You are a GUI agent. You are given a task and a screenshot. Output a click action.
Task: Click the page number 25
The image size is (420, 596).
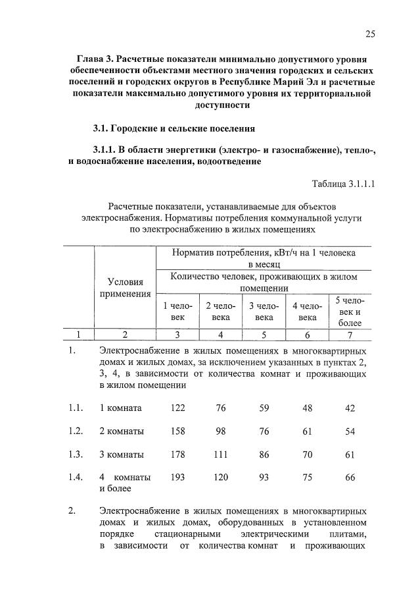[x=370, y=34]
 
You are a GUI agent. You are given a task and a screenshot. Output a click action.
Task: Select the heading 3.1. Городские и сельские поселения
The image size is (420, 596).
[x=173, y=127]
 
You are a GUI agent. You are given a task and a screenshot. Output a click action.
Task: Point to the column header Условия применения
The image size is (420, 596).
[x=125, y=288]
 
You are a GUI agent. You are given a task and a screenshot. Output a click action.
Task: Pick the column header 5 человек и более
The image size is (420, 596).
[x=350, y=312]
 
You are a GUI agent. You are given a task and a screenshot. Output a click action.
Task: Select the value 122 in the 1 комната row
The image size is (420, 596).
[x=177, y=408]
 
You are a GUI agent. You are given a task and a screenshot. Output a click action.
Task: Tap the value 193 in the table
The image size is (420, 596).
[x=177, y=477]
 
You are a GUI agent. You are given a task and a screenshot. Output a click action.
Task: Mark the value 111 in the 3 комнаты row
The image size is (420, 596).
[x=220, y=454]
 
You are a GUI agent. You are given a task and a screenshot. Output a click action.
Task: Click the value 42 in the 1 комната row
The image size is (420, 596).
[x=350, y=408]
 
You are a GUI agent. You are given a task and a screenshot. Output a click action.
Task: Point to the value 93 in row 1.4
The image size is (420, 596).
[x=264, y=477]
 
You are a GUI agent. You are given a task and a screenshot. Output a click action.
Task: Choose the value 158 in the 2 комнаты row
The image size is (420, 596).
[x=177, y=431]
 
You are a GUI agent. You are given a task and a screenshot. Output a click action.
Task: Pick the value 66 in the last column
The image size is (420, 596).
[x=350, y=477]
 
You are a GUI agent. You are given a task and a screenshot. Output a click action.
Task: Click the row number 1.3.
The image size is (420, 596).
[x=75, y=454]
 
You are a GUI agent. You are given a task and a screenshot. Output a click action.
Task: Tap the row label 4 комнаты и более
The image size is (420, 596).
[x=124, y=483]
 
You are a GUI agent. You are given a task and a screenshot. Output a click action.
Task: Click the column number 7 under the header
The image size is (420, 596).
[x=350, y=334]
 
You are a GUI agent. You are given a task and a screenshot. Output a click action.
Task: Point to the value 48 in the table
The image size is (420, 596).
[x=307, y=408]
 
